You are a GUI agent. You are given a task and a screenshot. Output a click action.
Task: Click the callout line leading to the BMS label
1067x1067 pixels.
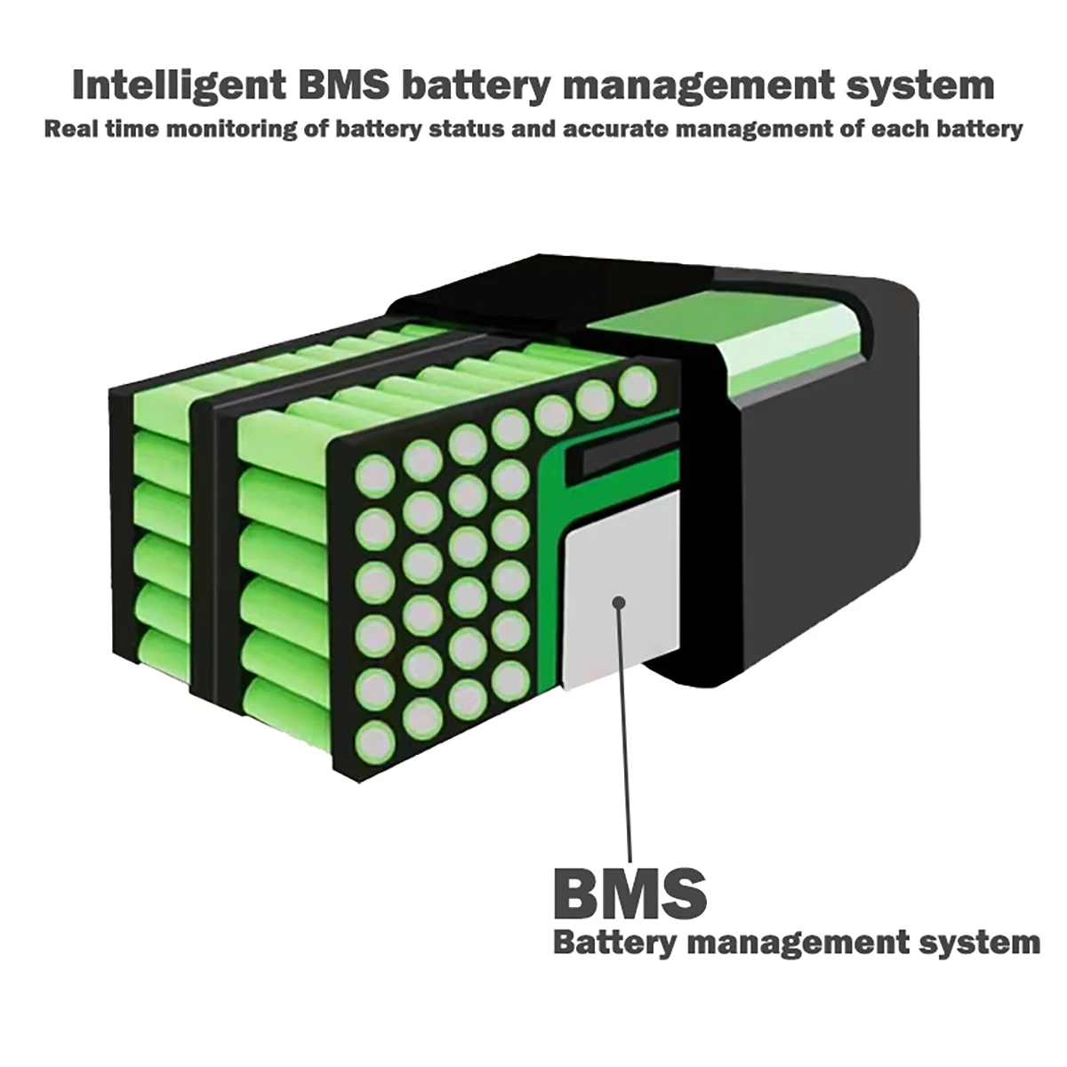(x=625, y=729)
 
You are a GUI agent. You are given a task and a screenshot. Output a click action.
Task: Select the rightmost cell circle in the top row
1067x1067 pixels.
(x=637, y=387)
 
